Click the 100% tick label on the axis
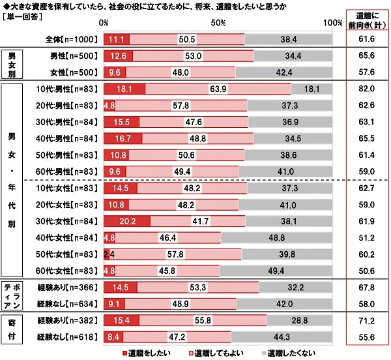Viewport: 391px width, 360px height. (x=332, y=23)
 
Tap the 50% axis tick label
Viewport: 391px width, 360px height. (x=218, y=23)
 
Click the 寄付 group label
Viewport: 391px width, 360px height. (x=11, y=329)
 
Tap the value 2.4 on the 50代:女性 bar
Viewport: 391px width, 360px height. (x=108, y=254)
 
